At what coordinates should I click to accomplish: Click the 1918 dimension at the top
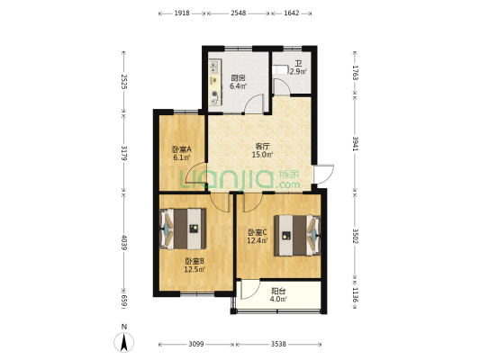(182, 13)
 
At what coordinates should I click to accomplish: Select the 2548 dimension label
(238, 13)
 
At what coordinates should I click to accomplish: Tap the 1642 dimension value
(292, 13)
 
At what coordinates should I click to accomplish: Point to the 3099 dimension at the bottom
(196, 344)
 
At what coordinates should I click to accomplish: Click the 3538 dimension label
(278, 344)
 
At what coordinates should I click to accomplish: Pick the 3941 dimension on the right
(356, 143)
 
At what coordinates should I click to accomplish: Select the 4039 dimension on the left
(124, 242)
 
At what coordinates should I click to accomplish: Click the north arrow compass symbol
(124, 342)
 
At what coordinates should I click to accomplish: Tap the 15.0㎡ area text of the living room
(262, 155)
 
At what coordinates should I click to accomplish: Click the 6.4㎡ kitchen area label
(238, 86)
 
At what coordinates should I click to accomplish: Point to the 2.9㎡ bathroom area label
(298, 72)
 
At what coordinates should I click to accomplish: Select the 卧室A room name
(182, 149)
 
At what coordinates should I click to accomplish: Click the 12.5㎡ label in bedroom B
(195, 269)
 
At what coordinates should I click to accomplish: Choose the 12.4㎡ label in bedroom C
(258, 240)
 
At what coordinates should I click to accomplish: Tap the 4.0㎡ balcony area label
(278, 299)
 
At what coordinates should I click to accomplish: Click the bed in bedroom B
(183, 229)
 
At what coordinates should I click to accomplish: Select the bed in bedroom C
(297, 235)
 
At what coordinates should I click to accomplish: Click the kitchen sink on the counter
(214, 67)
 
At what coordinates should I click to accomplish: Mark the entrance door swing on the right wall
(324, 175)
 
